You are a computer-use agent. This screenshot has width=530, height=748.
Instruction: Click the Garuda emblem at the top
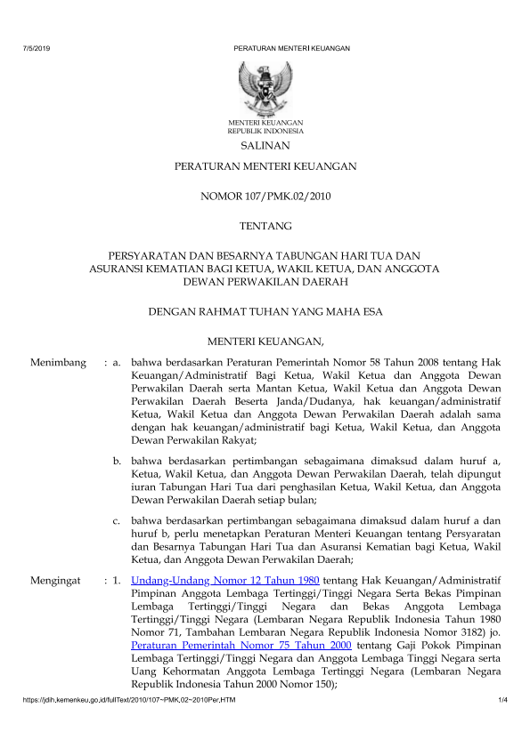click(x=265, y=86)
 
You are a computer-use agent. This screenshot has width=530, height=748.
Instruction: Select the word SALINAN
click(x=265, y=145)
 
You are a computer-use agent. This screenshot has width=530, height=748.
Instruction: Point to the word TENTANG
click(x=265, y=226)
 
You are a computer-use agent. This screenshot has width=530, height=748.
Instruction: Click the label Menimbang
click(x=59, y=363)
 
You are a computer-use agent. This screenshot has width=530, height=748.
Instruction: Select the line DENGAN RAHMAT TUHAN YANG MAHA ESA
click(x=265, y=312)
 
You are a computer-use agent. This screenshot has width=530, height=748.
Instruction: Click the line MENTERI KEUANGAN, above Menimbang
click(x=265, y=340)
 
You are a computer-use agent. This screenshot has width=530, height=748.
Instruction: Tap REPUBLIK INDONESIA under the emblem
click(x=265, y=130)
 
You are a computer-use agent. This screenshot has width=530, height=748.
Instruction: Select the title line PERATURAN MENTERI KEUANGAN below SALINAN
click(x=265, y=166)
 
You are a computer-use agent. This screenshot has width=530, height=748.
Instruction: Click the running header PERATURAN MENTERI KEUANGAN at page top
click(x=291, y=48)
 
